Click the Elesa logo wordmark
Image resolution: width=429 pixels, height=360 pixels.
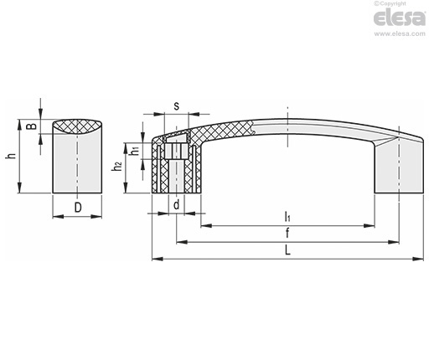pos(400,18)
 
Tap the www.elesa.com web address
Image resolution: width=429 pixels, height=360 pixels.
pos(400,33)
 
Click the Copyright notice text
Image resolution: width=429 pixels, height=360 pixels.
pos(390,3)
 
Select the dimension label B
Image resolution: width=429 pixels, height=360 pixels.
pos(32,126)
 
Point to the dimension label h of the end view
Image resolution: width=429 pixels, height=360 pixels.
pos(12,156)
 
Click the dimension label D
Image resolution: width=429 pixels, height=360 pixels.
pos(78,208)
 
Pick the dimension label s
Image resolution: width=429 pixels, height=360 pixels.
pos(177,106)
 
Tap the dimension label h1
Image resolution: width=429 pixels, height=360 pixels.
pos(135,151)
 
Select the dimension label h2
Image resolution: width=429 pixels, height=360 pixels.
pos(117,166)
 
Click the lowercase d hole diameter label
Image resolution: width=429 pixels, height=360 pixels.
pos(177,205)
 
